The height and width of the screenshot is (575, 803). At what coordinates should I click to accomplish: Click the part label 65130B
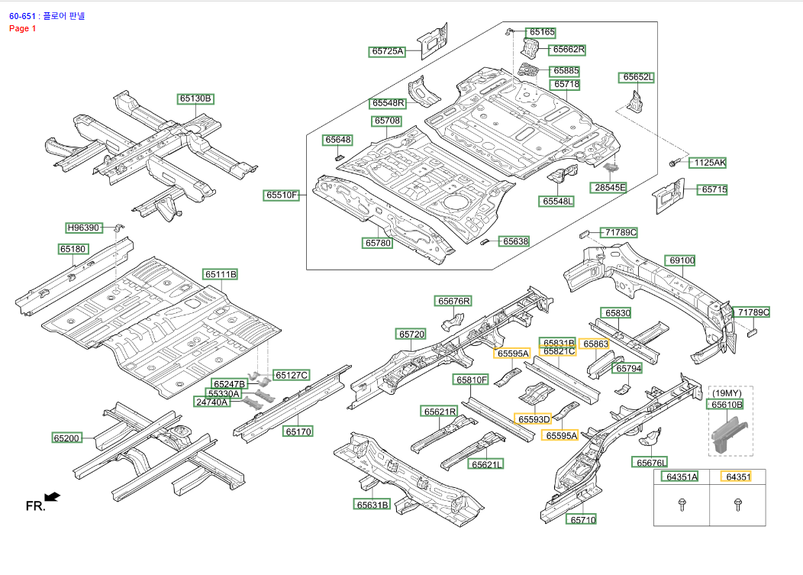coord(195,99)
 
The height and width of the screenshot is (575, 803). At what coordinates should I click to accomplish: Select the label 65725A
coord(388,52)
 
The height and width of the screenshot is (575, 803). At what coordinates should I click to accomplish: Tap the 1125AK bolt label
coord(709,163)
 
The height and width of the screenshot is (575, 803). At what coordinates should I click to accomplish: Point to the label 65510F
coord(282,195)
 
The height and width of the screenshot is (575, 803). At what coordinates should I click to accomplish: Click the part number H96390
coord(84,228)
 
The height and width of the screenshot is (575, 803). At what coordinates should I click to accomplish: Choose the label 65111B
coord(221,274)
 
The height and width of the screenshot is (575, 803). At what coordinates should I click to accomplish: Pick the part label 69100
coord(682,260)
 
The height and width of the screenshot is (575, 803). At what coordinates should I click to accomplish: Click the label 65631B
coord(372,504)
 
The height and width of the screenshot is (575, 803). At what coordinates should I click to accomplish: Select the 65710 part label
coord(582,519)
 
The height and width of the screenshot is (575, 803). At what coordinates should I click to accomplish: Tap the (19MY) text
coord(726,393)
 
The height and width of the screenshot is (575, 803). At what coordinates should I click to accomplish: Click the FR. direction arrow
coord(52,497)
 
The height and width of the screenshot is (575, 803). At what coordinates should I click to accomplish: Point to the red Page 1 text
coord(23,28)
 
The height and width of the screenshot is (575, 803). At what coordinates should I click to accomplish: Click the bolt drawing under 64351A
coord(682,504)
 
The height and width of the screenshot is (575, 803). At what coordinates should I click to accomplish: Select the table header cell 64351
coord(738,476)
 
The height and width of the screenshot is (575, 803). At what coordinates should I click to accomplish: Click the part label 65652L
coord(638,77)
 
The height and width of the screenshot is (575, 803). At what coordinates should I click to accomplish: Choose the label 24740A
coord(212,402)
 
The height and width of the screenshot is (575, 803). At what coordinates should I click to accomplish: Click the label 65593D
coord(534,419)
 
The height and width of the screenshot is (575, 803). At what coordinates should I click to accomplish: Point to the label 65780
coord(378,243)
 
